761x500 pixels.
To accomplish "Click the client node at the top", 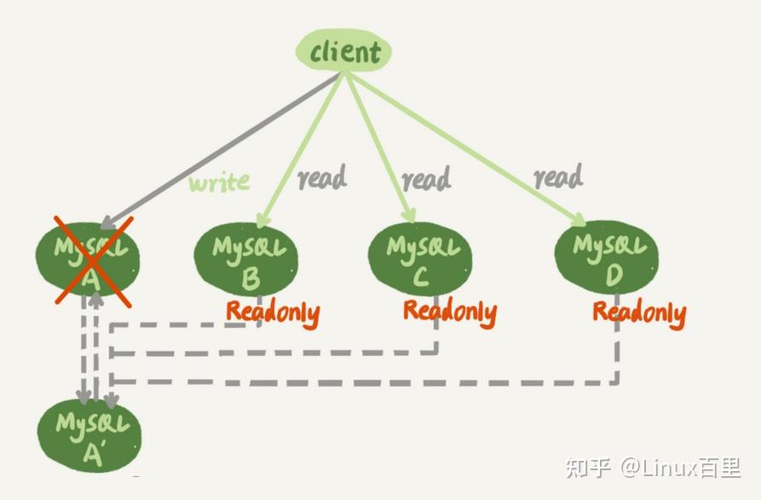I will click(x=343, y=53).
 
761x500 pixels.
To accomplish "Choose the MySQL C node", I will click(x=422, y=257).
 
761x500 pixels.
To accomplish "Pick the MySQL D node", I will click(x=606, y=258).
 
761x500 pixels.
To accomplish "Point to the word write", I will click(x=219, y=181).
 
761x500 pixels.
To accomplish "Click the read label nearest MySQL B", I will click(x=321, y=178).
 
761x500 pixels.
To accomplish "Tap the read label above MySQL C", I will click(x=426, y=179).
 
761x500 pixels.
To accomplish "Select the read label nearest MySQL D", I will click(x=558, y=177).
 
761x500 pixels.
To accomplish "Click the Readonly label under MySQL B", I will click(x=273, y=313).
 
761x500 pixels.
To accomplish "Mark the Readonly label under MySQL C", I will click(x=449, y=311).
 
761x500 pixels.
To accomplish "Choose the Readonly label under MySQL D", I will click(x=639, y=313).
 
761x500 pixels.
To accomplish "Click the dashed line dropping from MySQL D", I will click(x=616, y=353).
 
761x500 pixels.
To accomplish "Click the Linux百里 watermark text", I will click(x=690, y=468).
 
